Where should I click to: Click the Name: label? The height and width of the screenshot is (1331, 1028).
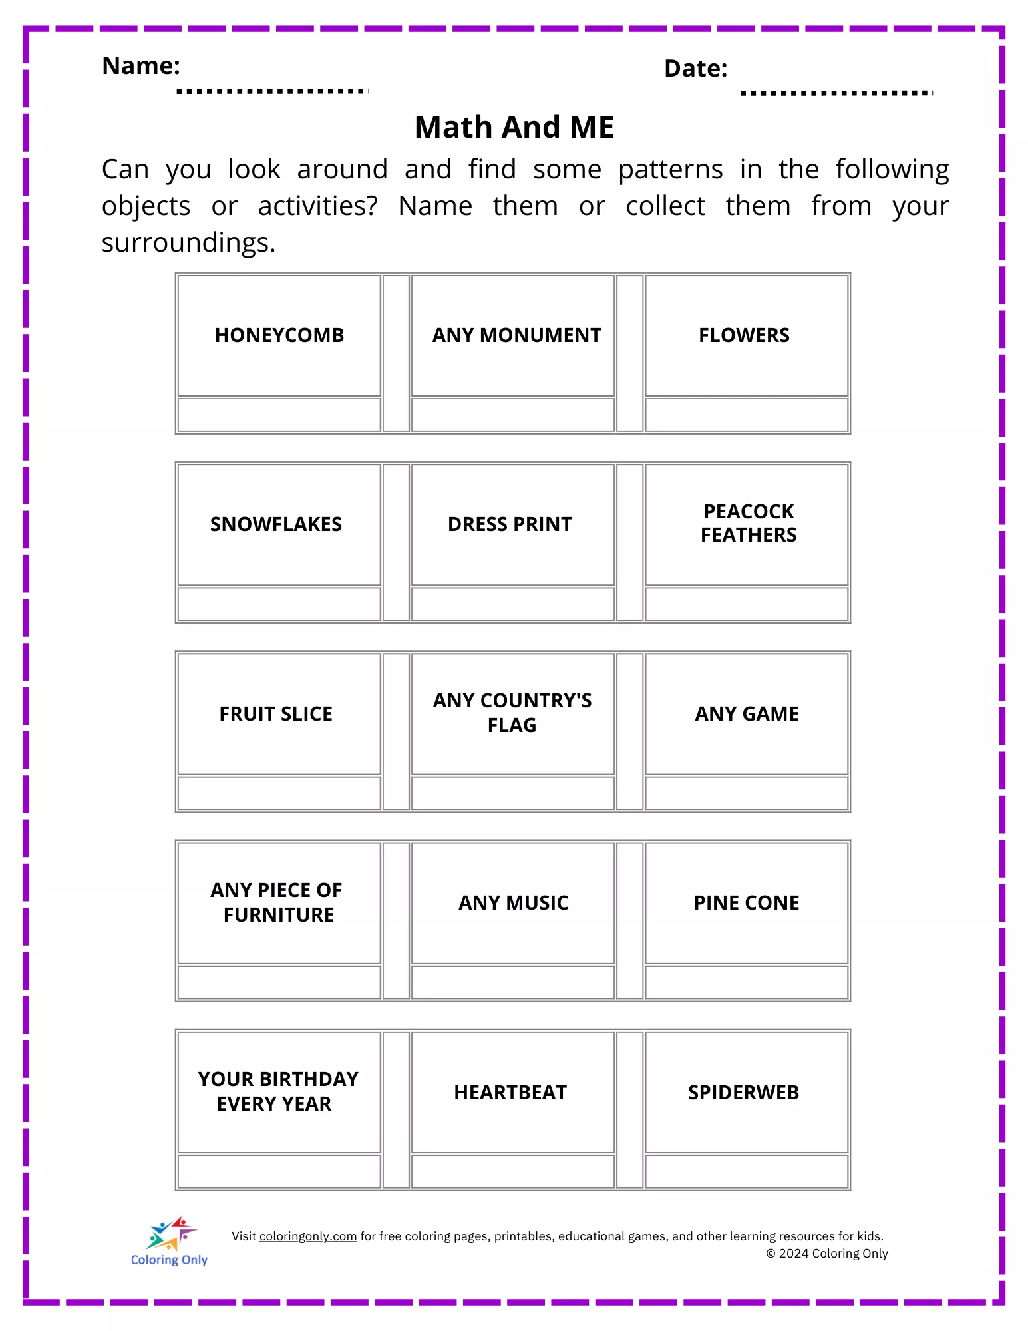click(x=141, y=66)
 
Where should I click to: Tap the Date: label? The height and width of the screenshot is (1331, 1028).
click(x=695, y=69)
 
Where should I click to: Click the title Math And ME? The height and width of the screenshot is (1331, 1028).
click(x=514, y=127)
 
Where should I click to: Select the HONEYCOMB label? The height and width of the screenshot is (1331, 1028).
click(x=279, y=335)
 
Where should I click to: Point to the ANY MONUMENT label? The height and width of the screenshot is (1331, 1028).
click(x=516, y=335)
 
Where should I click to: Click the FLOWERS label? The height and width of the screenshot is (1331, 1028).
click(x=744, y=335)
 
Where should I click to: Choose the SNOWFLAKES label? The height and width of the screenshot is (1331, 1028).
click(x=276, y=524)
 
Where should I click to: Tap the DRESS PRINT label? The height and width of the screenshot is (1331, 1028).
click(x=510, y=524)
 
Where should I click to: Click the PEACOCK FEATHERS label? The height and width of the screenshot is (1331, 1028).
click(x=749, y=523)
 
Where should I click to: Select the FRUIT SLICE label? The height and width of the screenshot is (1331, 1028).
click(x=276, y=714)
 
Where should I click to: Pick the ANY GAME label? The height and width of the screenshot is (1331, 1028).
click(x=747, y=714)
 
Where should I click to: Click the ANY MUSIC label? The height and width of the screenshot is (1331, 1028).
click(x=514, y=903)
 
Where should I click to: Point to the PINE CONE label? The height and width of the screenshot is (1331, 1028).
click(x=747, y=903)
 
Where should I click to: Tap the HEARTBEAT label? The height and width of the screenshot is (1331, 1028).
click(x=510, y=1093)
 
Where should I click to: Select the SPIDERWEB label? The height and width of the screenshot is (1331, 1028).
click(x=743, y=1093)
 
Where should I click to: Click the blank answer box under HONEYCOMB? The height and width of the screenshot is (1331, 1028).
click(x=279, y=415)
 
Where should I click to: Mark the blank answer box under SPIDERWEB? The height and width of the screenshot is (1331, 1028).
click(x=747, y=1171)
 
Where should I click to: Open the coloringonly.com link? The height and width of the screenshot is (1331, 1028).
click(x=308, y=1236)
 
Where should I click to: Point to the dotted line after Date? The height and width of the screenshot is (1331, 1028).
click(x=836, y=93)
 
